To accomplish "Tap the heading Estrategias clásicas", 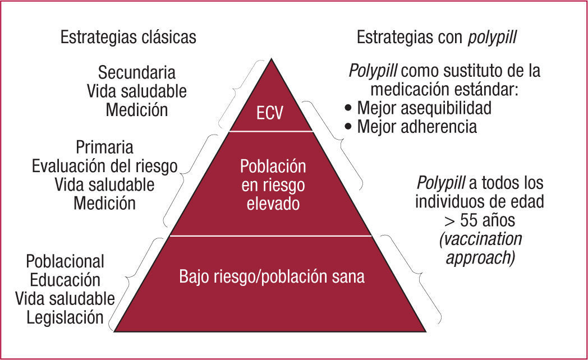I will coord(128,37).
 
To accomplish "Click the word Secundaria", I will coord(136,72).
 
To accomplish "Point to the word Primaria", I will coord(104,147).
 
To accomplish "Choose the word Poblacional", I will coord(66,261).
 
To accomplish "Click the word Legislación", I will coord(65,317).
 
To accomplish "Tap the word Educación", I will coord(65,279).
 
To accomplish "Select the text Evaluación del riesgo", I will coord(105,166).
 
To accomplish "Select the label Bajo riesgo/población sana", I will coord(272,276).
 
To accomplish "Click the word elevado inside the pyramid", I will coord(273,202).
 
